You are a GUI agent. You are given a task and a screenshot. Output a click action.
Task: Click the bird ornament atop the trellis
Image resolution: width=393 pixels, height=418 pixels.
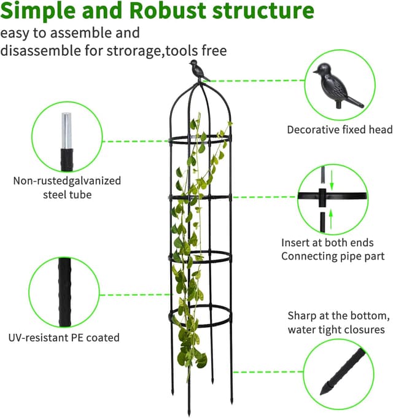[x=198, y=71]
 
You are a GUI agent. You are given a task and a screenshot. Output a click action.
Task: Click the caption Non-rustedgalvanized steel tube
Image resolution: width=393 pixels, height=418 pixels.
[x=67, y=187]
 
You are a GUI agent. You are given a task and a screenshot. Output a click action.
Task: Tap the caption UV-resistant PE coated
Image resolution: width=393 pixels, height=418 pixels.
[x=64, y=337]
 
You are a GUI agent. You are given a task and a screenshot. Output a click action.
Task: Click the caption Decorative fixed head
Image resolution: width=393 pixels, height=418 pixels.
[x=340, y=130]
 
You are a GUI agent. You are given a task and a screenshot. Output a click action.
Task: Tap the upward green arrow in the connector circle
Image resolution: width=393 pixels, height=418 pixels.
[x=332, y=215]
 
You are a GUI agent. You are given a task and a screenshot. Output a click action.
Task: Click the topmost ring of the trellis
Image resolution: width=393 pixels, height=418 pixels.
[x=198, y=140]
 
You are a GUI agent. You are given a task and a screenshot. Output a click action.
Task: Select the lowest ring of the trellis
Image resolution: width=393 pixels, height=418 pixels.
[x=200, y=316]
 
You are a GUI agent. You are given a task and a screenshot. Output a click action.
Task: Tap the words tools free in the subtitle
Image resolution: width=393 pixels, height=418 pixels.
[x=198, y=51]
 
